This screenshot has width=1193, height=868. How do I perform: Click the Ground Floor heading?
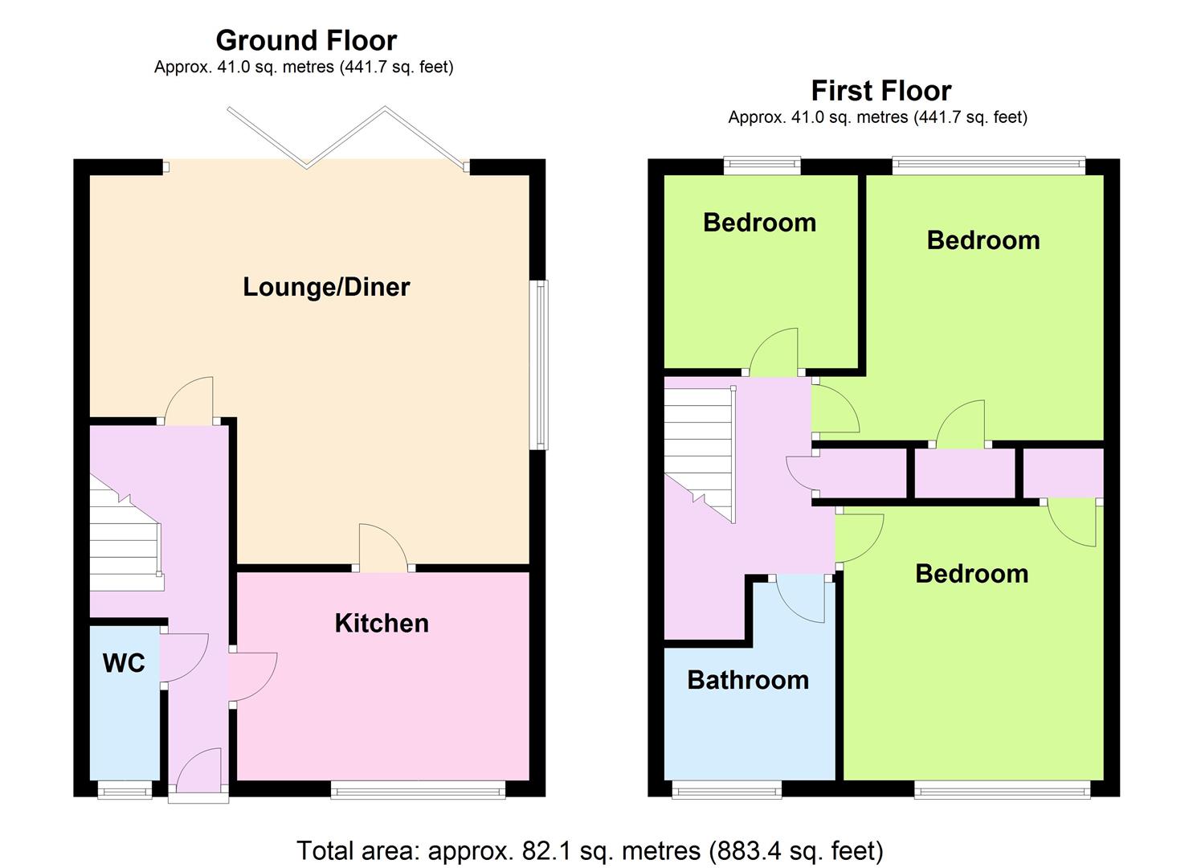coord(306,40)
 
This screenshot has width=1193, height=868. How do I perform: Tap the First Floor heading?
coord(881,91)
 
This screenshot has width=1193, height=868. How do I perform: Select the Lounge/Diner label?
coord(326,287)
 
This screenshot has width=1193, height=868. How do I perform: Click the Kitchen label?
coord(382,623)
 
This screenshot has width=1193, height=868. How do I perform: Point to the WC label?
coord(124,663)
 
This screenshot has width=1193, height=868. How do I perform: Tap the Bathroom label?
coord(748,680)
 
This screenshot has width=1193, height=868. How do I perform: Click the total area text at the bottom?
coord(590,850)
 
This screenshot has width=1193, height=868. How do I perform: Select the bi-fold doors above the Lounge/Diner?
coord(346,138)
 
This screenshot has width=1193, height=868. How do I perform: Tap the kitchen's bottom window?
coord(418,790)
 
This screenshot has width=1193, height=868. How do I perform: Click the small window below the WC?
coord(125,790)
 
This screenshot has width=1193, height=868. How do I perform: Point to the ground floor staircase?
coord(126,533)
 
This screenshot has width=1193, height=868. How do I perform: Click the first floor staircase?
coord(700,455)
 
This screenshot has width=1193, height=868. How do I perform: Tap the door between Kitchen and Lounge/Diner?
coord(383,548)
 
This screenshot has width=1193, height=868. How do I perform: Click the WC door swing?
coord(184,657)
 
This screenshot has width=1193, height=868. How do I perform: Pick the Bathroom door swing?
coord(800,599)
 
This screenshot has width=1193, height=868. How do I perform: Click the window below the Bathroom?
coord(727,790)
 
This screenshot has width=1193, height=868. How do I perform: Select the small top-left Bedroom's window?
coord(762,166)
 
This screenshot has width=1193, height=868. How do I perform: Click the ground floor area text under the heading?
coord(304,68)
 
